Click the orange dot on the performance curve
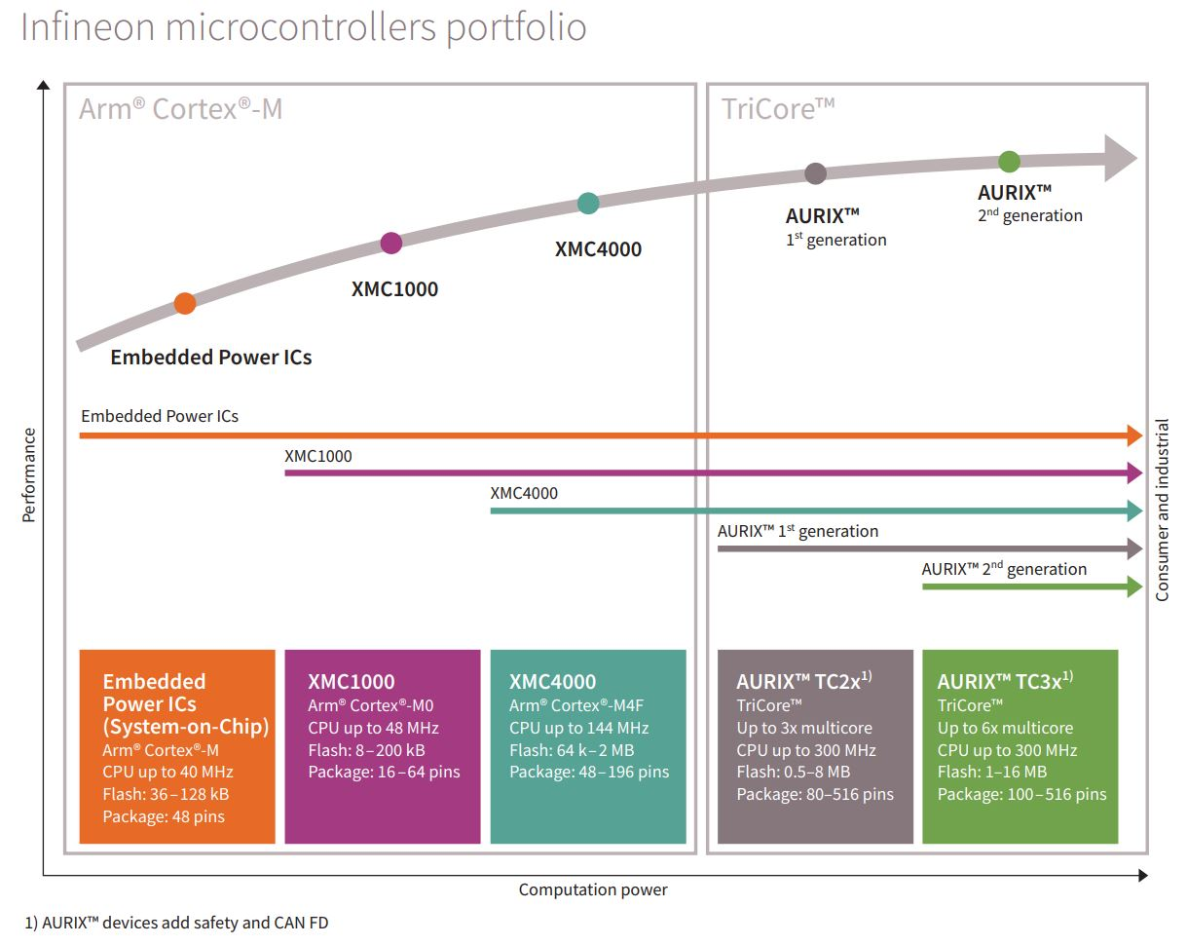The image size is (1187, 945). coord(185,303)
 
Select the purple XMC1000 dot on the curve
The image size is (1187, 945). coord(390,243)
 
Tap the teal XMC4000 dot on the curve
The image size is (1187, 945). coord(588,203)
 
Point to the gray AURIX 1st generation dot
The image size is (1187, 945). coord(816,173)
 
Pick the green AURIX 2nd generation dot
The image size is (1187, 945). coord(1009,162)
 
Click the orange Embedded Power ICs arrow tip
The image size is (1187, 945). coord(1134,435)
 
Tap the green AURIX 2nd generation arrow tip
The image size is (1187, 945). coord(1134,586)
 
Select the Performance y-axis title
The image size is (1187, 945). coord(29,474)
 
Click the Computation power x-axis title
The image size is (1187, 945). coord(593,889)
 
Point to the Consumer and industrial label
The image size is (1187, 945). coord(1162,510)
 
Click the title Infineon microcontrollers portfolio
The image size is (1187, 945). coord(304,27)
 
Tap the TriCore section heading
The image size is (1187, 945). coord(777,108)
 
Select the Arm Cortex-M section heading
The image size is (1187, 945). coord(181,108)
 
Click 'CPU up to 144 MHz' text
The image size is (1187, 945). coord(578,729)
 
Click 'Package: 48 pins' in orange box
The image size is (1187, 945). coord(164,816)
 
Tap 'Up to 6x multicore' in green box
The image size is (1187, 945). coord(1005,729)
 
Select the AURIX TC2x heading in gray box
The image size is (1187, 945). coord(803,682)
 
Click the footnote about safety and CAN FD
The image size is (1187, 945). coord(176,923)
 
